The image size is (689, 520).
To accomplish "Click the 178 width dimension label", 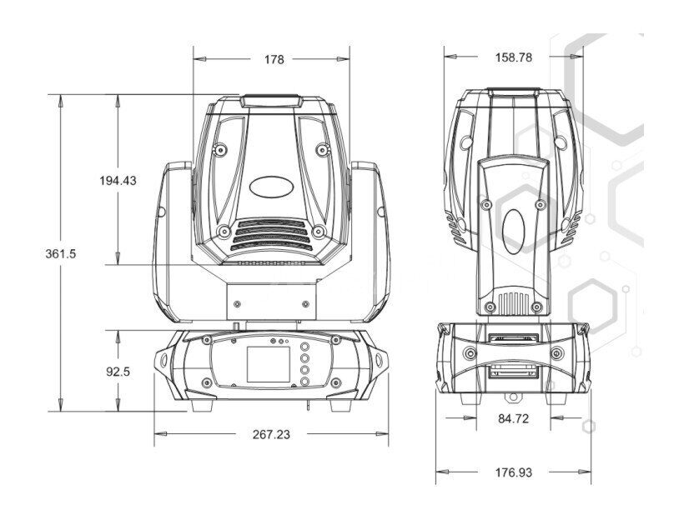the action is pos(274,59).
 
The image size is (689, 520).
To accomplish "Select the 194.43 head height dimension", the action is pos(118,180).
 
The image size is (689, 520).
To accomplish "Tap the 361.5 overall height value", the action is pos(61,253).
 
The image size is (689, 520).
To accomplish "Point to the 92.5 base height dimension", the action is pos(118,372).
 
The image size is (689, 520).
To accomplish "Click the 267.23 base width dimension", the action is pos(271,434).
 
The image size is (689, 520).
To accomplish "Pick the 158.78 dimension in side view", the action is pos(514,57).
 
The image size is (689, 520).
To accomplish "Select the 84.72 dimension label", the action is pos(513,418).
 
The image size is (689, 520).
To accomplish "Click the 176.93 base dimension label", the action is pos(514,472).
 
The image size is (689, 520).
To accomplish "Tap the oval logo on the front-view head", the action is pos(271,187).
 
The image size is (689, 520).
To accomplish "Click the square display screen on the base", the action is pos(268,364).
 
